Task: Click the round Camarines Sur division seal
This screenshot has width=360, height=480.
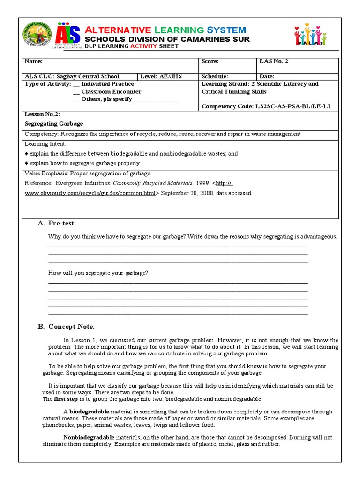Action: pos(38,35)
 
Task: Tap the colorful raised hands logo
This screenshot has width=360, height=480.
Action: pos(310,34)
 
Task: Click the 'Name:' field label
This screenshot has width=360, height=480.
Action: pos(33,61)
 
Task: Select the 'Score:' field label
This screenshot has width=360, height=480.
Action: pos(210,61)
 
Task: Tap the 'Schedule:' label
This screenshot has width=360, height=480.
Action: pos(215,76)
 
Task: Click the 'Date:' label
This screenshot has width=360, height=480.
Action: pos(267,76)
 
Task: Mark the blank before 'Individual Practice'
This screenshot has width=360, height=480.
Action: pos(76,84)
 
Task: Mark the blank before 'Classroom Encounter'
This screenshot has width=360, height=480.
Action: pos(76,92)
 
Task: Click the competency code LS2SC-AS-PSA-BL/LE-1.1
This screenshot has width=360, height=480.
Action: pos(293,106)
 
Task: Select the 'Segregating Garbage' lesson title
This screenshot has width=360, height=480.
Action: pos(53,124)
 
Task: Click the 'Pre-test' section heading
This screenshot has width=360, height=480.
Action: pos(61,223)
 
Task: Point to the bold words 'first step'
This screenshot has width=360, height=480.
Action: pos(67,399)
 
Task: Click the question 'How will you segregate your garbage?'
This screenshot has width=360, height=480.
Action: pos(98,273)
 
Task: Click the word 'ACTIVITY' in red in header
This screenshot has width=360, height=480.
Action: pos(143,47)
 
